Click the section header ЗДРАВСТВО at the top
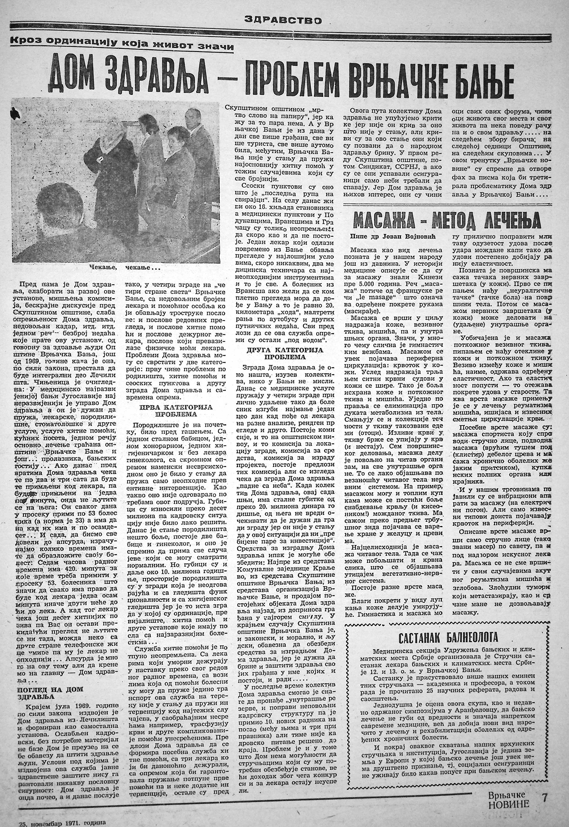tap(284, 20)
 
